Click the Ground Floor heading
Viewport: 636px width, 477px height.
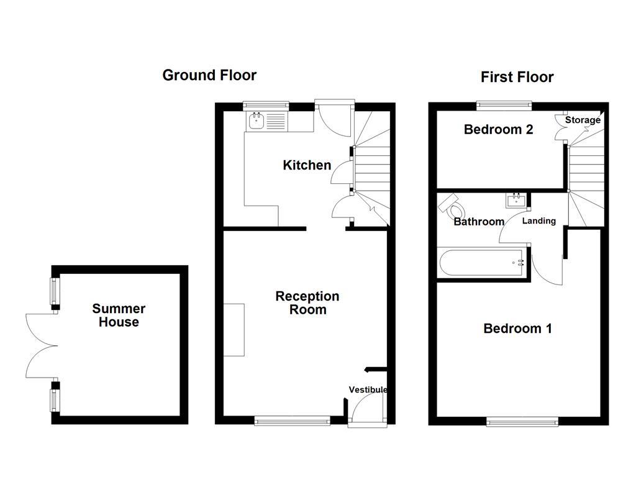pyautogui.click(x=209, y=75)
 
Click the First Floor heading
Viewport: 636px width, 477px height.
pyautogui.click(x=517, y=77)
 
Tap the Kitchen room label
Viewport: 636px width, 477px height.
pyautogui.click(x=307, y=165)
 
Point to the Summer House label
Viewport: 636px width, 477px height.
pyautogui.click(x=119, y=315)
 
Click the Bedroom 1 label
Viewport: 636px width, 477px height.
pyautogui.click(x=517, y=329)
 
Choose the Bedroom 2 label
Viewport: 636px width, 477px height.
pyautogui.click(x=499, y=130)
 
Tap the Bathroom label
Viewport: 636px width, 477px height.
pyautogui.click(x=478, y=222)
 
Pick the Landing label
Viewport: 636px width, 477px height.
pyautogui.click(x=538, y=221)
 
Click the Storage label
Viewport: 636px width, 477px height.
pyautogui.click(x=583, y=120)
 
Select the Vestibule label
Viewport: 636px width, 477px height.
pyautogui.click(x=368, y=390)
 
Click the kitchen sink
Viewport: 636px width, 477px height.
pyautogui.click(x=257, y=121)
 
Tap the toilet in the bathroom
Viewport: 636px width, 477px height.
pyautogui.click(x=450, y=206)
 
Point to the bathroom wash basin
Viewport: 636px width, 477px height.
pyautogui.click(x=516, y=201)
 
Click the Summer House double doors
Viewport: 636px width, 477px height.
pyautogui.click(x=41, y=345)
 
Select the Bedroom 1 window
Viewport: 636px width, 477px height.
pyautogui.click(x=522, y=422)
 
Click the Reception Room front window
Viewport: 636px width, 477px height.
pyautogui.click(x=292, y=422)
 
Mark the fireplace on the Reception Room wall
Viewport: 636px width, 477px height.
pyautogui.click(x=234, y=330)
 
